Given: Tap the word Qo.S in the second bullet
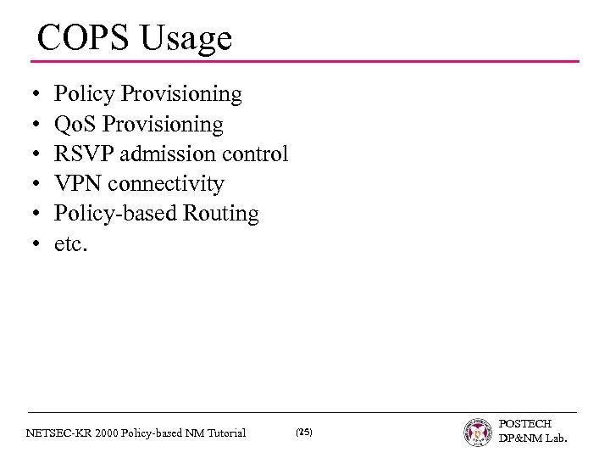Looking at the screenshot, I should (75, 125).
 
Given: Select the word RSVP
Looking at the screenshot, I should (82, 154).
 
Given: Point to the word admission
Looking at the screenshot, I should (175, 154).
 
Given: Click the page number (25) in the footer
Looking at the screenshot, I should (304, 433).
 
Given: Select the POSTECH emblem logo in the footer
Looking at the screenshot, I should (478, 433).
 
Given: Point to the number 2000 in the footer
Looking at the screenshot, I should (109, 433).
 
